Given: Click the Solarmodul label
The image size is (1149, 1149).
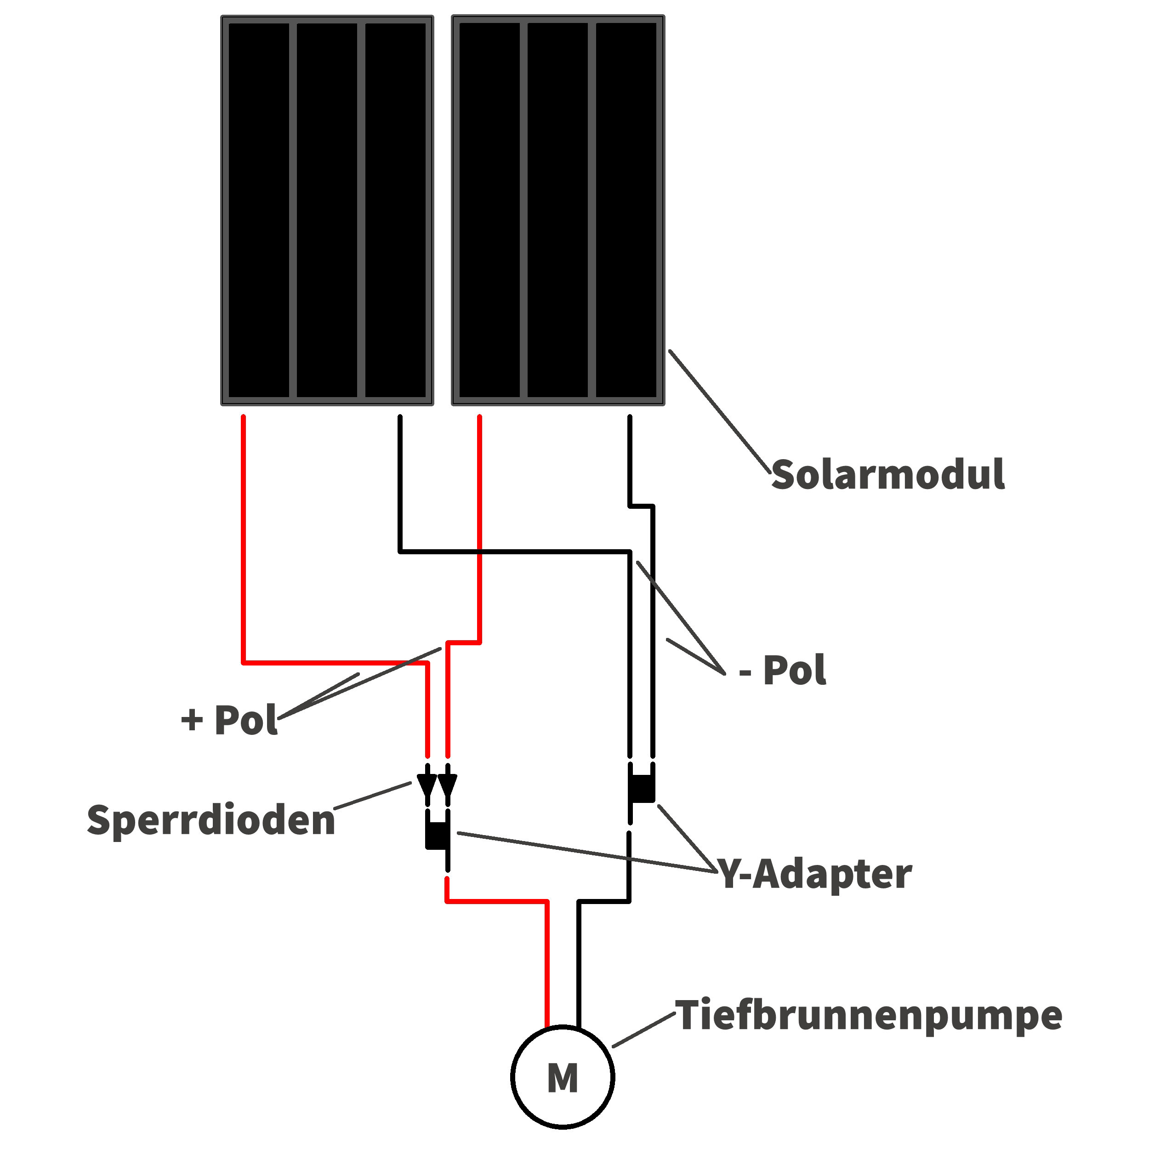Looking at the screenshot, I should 887,475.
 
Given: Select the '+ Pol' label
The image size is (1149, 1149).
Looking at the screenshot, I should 229,720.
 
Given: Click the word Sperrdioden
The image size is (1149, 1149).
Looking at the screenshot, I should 211,820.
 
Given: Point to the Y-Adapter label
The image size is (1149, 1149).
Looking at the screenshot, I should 815,874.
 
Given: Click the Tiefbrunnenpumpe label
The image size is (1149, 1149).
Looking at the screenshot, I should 868,1016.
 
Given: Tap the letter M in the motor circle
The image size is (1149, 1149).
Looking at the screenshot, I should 562,1078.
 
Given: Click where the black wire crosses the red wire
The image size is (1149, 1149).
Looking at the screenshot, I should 479,552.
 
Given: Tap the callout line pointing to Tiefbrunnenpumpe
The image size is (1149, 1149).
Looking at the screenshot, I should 643,1030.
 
